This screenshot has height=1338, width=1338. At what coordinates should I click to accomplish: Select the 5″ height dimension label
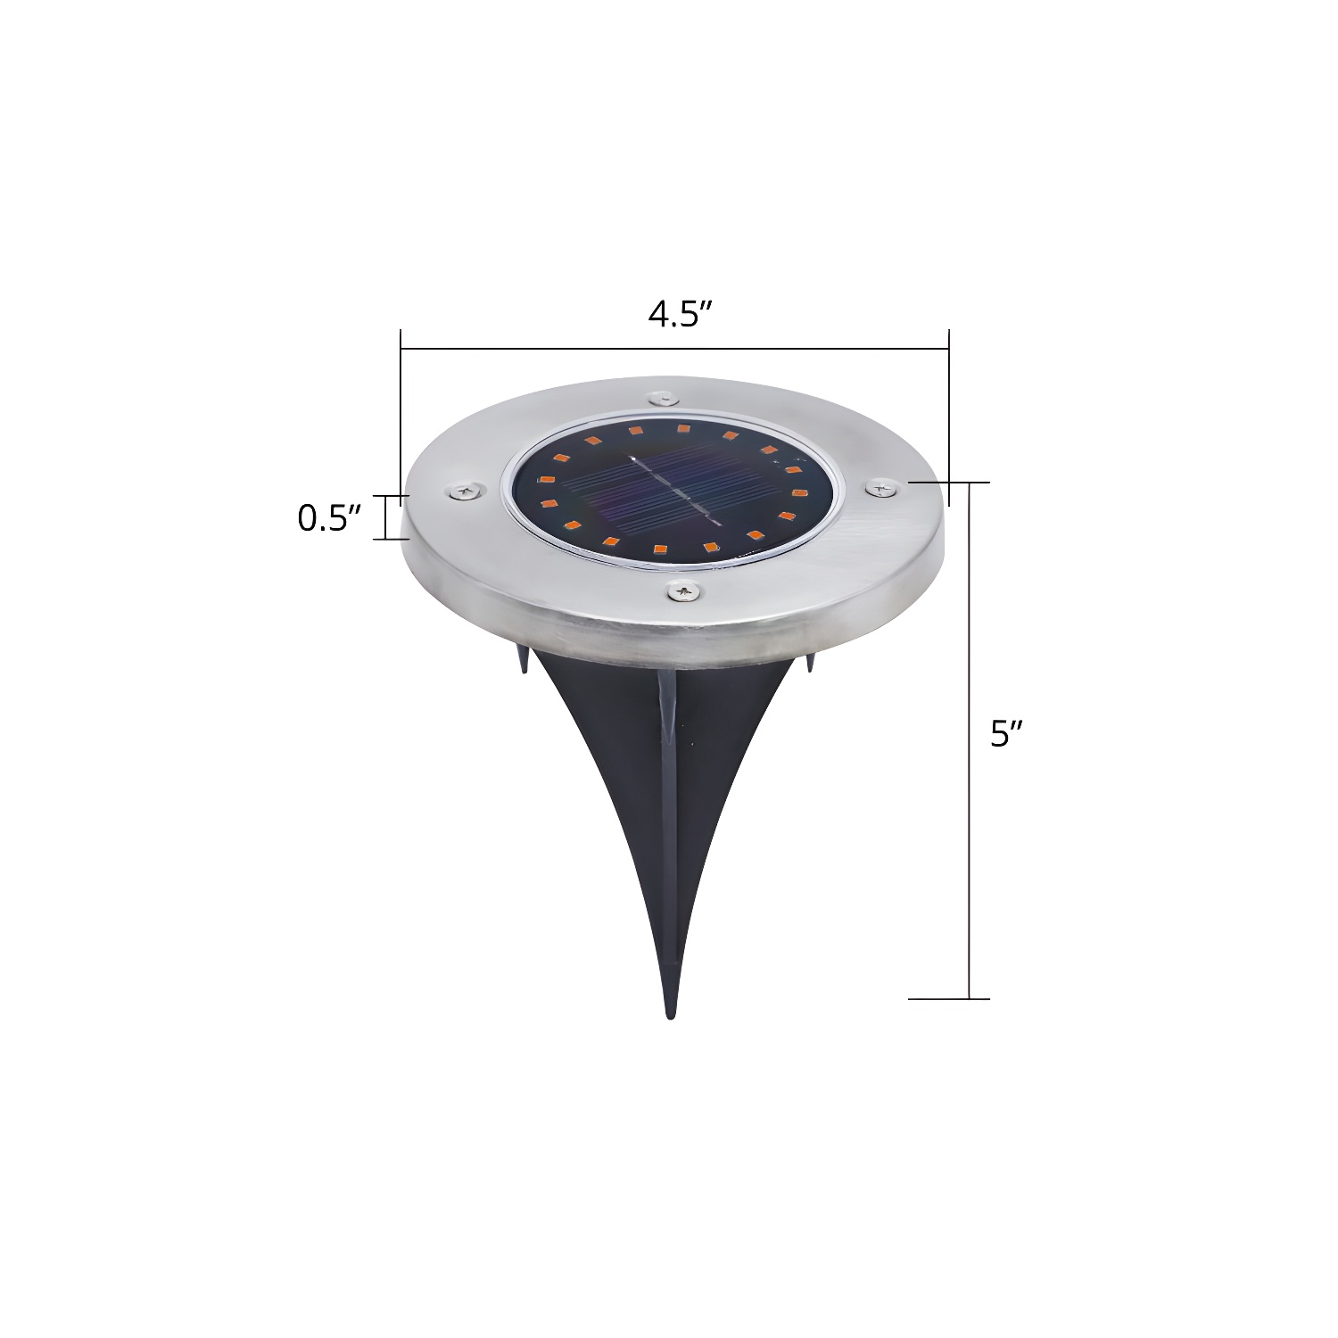pyautogui.click(x=1006, y=734)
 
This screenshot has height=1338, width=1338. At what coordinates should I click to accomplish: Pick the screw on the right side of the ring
pyautogui.click(x=882, y=487)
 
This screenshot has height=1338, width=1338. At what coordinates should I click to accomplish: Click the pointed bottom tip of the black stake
pyautogui.click(x=670, y=1013)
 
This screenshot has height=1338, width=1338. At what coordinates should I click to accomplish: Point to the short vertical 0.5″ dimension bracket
pyautogui.click(x=387, y=517)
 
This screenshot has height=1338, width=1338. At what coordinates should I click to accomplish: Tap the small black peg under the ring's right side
pyautogui.click(x=810, y=662)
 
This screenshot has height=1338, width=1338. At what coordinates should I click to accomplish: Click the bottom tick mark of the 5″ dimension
pyautogui.click(x=949, y=998)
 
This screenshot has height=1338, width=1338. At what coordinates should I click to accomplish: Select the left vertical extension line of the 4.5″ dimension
pyautogui.click(x=401, y=410)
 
